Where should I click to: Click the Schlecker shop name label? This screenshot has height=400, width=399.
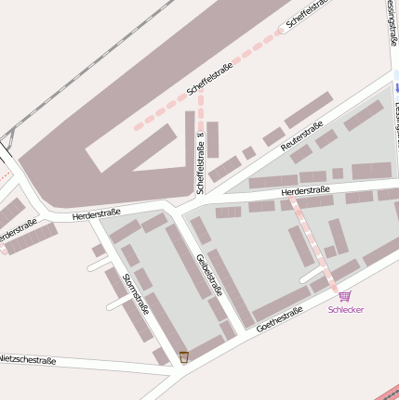point(345,309)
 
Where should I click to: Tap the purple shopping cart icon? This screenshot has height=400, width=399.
point(345,296)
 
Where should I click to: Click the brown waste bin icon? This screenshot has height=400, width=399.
point(184,356)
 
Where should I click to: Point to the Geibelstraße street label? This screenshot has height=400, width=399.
point(209,275)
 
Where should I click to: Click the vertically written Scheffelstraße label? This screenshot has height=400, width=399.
point(199,163)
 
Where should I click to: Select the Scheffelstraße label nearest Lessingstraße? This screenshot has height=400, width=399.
point(311,14)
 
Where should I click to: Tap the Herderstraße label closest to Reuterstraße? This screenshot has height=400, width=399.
point(306,193)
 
